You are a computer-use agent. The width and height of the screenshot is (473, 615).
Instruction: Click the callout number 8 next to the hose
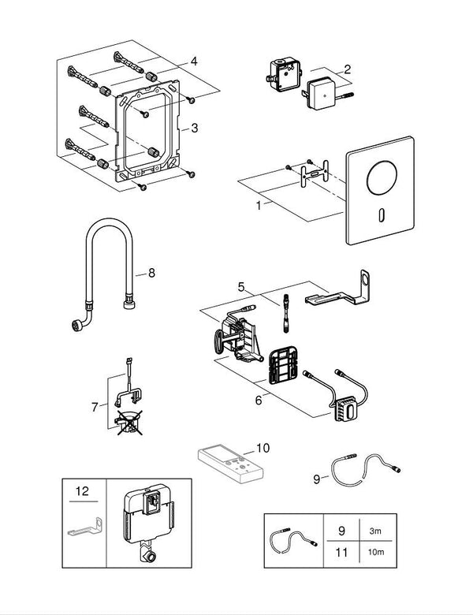(x=151, y=274)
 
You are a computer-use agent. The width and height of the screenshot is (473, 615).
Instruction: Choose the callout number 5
(x=242, y=287)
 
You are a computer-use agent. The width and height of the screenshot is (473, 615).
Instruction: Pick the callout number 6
(x=258, y=400)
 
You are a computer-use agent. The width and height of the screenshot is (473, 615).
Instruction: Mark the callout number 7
(x=94, y=406)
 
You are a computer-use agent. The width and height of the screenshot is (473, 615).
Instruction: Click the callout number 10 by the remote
(x=262, y=447)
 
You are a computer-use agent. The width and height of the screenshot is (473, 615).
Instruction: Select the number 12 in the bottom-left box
(x=82, y=490)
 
